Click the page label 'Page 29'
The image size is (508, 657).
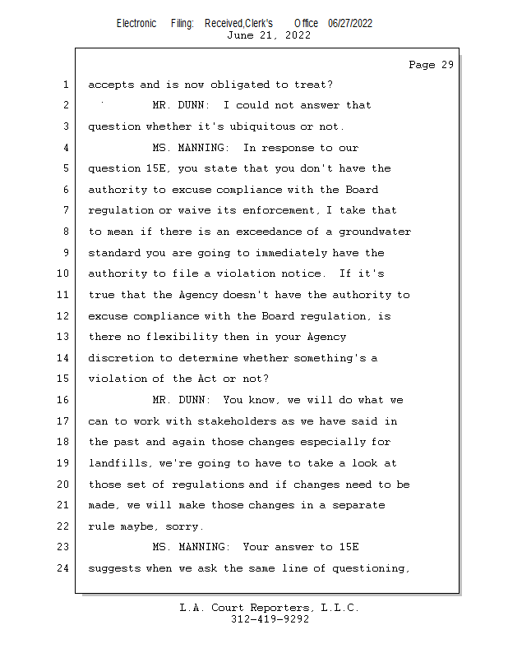tap(431, 65)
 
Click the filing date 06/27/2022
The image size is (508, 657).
tap(349, 23)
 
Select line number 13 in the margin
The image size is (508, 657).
tap(64, 338)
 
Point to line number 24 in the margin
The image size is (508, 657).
tap(64, 568)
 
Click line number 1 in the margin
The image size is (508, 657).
tap(64, 85)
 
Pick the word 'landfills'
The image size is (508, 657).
tap(117, 463)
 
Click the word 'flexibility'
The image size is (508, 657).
tap(185, 338)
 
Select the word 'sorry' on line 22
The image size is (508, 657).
tap(182, 526)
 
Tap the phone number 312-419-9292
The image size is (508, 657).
tap(270, 619)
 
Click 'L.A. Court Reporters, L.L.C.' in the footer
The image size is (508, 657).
tap(269, 608)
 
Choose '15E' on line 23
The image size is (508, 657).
tap(349, 548)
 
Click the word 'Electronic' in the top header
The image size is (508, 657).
tap(136, 23)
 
